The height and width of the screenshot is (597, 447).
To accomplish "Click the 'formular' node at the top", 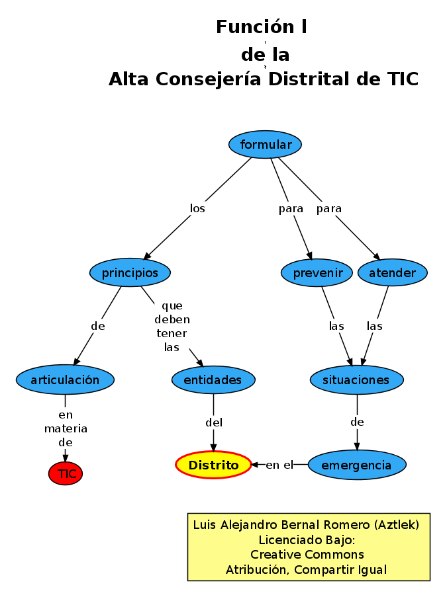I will coord(265,145).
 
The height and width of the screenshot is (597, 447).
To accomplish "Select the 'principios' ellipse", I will coord(130,272).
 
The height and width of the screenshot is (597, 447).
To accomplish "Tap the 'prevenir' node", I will coord(317,273).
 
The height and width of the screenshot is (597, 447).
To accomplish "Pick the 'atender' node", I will coord(392,273).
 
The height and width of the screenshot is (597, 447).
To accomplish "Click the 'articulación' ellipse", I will coord(65,380).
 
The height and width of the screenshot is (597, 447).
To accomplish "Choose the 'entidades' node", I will coord(213,380).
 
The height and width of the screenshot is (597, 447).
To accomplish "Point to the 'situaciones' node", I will coord(356,380).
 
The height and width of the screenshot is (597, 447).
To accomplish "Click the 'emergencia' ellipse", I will coord(356,465).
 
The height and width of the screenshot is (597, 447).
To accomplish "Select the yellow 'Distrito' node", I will coord(213,465).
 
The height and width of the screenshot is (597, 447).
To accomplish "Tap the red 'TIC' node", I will coord(66,473).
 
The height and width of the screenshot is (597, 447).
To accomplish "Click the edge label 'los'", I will coord(197,209).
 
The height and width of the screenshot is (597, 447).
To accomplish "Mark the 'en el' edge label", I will coord(279,465).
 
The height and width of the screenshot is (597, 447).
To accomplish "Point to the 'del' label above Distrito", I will coord(214,422).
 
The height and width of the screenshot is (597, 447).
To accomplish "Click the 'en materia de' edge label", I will coord(66,428).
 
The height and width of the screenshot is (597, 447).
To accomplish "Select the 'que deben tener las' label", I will coord(172,327).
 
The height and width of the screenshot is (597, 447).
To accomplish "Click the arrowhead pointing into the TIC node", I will coord(66,457).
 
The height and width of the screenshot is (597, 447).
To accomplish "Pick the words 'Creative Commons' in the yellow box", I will coord(307,555).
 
